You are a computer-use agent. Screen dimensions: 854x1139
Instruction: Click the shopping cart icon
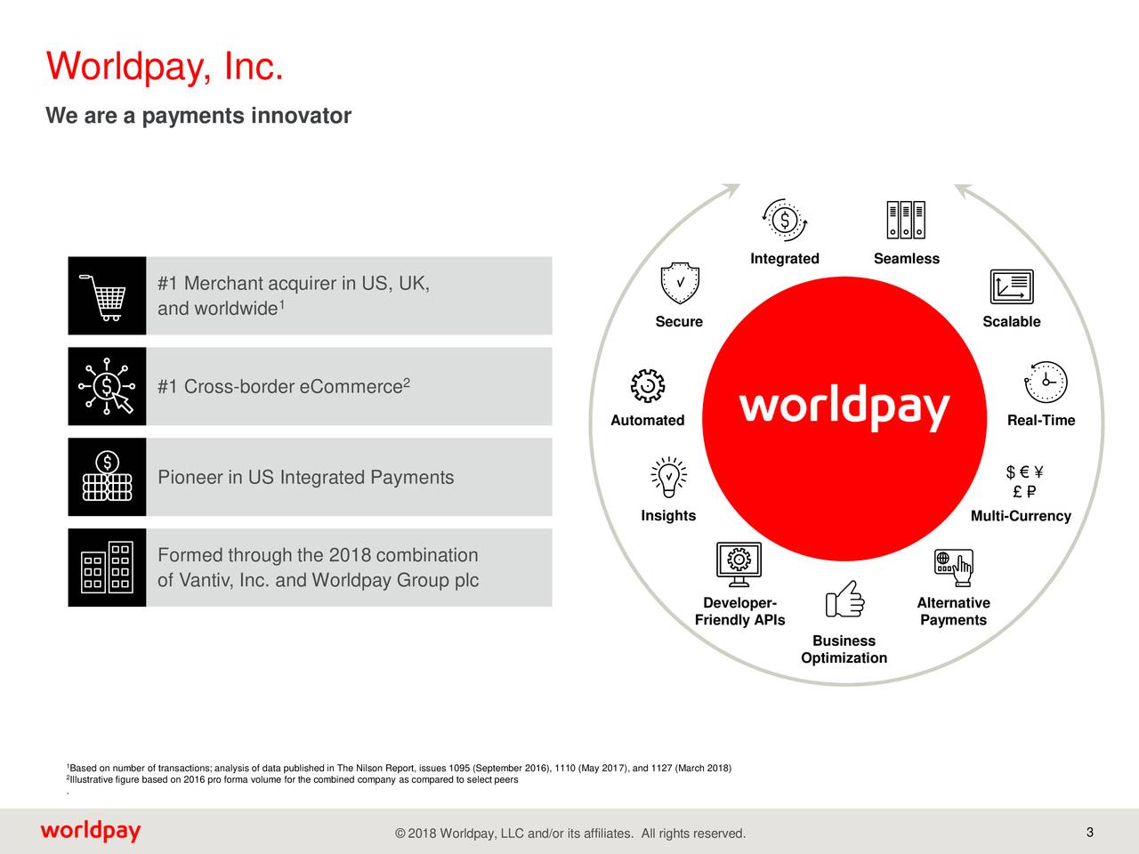(x=106, y=295)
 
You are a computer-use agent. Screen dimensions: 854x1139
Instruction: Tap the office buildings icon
(x=107, y=568)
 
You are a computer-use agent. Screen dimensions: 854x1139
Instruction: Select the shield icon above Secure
(x=680, y=283)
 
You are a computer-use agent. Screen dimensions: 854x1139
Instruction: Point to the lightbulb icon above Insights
(x=668, y=477)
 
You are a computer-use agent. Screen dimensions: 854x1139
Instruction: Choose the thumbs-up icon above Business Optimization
(x=844, y=600)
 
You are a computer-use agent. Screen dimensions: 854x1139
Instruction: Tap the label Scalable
(x=1011, y=322)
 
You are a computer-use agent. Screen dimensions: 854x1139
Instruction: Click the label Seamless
(x=906, y=259)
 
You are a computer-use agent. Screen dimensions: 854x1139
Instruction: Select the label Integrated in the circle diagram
(x=784, y=259)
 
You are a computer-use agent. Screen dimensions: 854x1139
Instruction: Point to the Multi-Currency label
(x=1021, y=516)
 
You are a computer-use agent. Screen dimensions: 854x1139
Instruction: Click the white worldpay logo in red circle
(x=844, y=409)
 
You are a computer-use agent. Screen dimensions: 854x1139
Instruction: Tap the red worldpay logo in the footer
(x=90, y=832)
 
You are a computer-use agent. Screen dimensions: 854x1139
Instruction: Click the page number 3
(x=1090, y=833)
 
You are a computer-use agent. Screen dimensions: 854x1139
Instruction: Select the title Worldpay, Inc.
(x=166, y=67)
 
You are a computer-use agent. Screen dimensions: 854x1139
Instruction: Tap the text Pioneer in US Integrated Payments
(x=305, y=478)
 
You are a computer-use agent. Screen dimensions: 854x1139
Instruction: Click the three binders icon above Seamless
(x=906, y=220)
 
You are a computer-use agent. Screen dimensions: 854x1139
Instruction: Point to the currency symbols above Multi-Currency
(x=1024, y=482)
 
